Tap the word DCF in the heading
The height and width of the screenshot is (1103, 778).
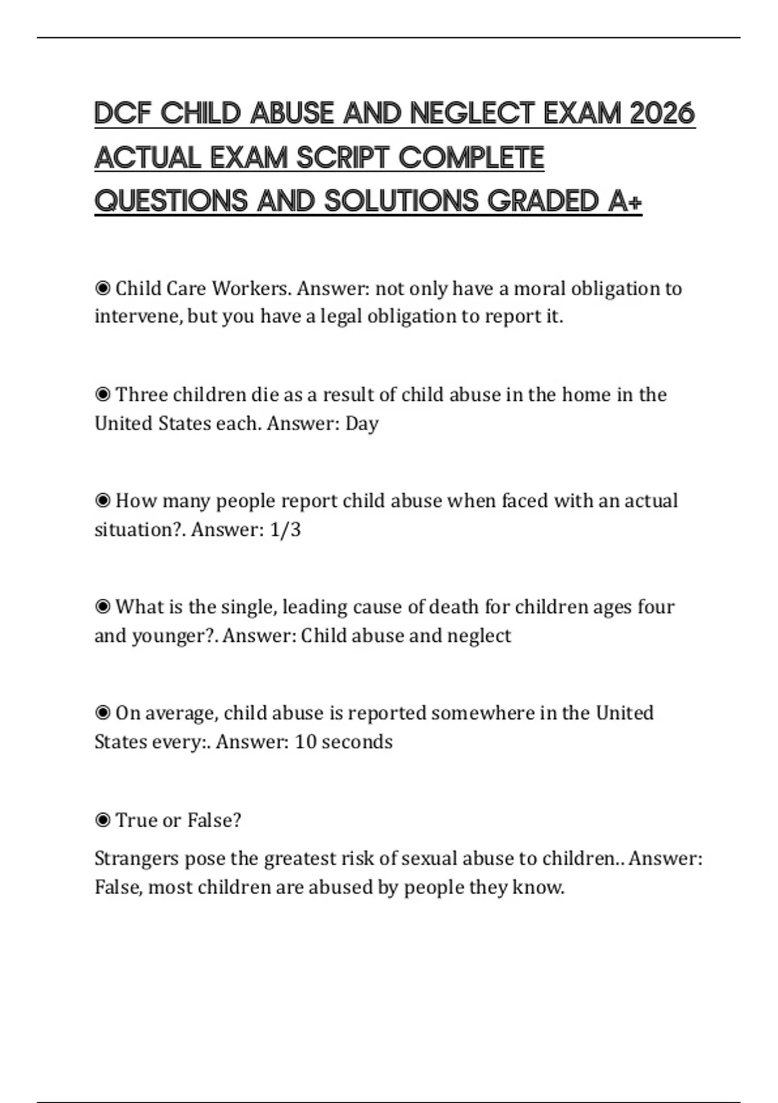[123, 114]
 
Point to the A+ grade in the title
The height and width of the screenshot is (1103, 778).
[626, 201]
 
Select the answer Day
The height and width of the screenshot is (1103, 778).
[362, 424]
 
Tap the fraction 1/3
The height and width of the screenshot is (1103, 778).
[285, 529]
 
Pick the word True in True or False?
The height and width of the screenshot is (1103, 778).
[136, 820]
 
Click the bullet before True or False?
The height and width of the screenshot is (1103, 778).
[102, 821]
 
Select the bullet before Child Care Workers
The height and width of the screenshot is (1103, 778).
[102, 288]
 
